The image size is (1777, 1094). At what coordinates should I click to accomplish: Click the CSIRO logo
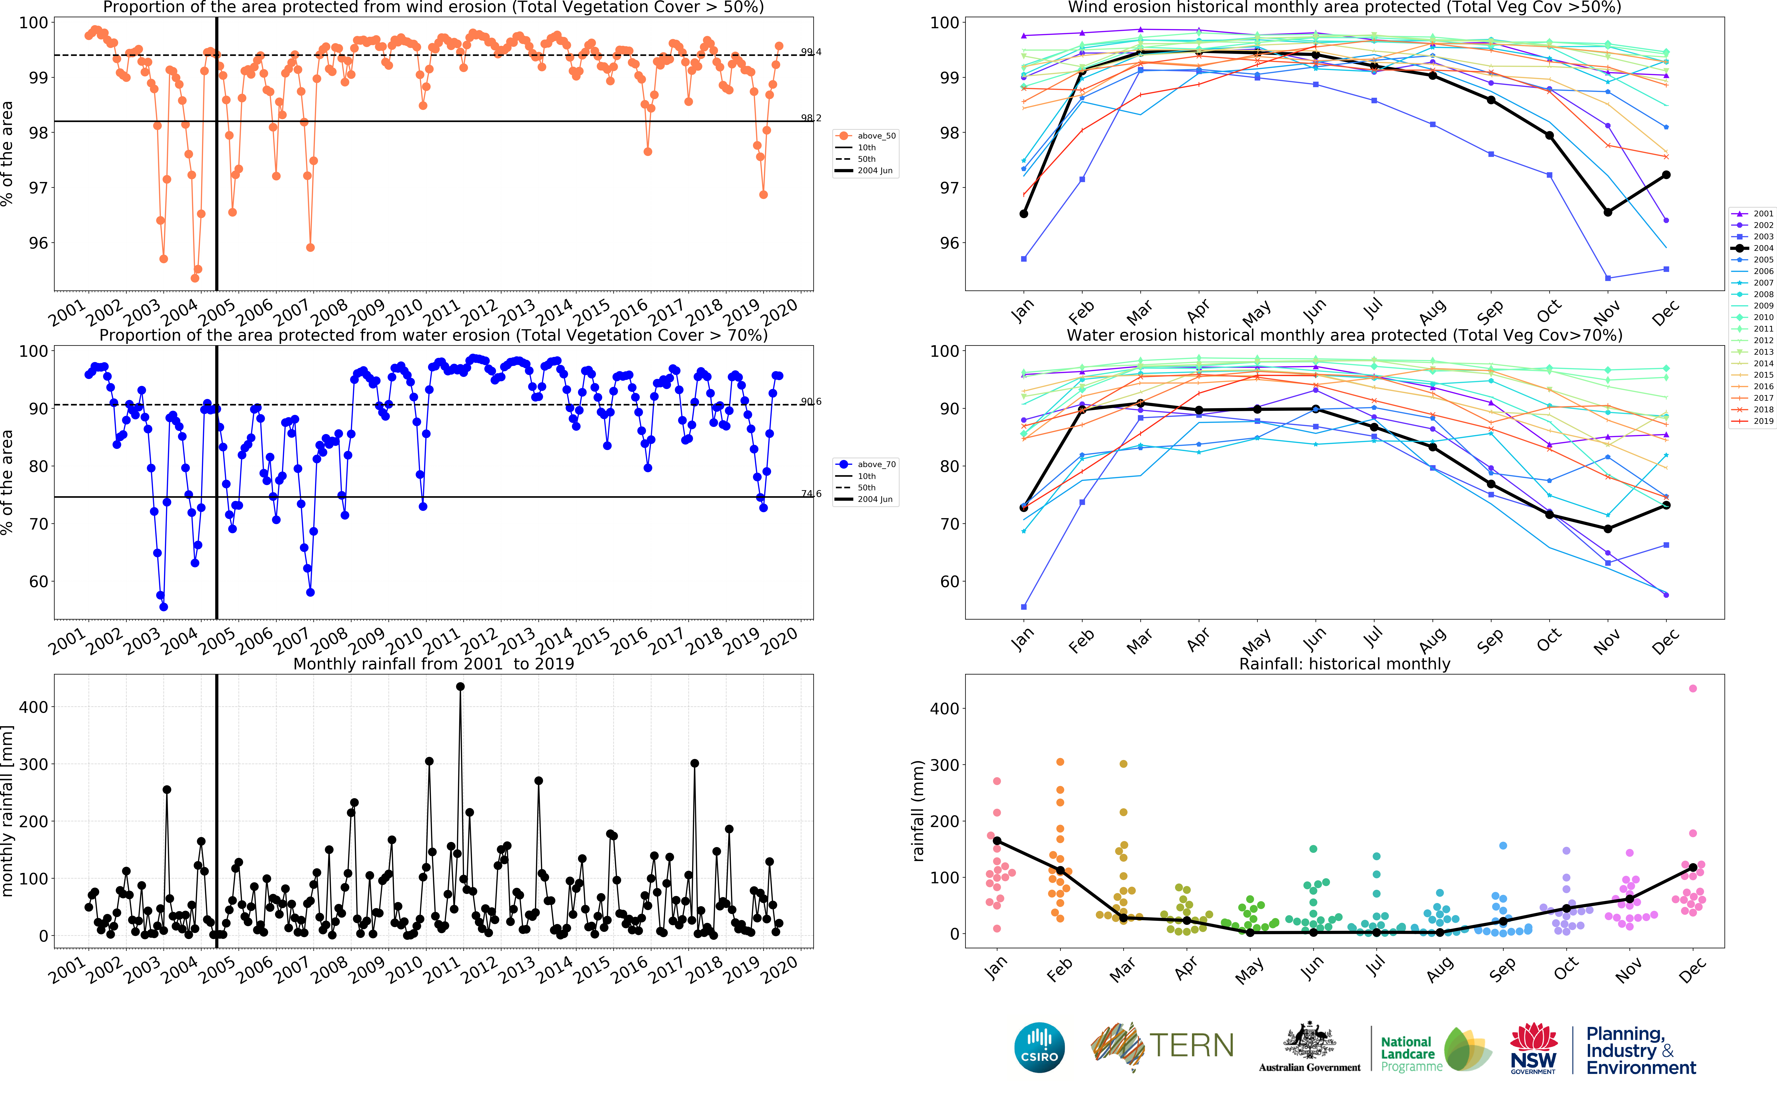click(1040, 1047)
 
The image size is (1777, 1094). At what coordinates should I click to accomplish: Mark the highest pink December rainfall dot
click(1692, 688)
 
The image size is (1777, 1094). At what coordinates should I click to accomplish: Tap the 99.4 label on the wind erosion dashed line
click(811, 52)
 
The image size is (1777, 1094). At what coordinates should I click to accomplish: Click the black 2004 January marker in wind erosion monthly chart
click(1024, 214)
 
